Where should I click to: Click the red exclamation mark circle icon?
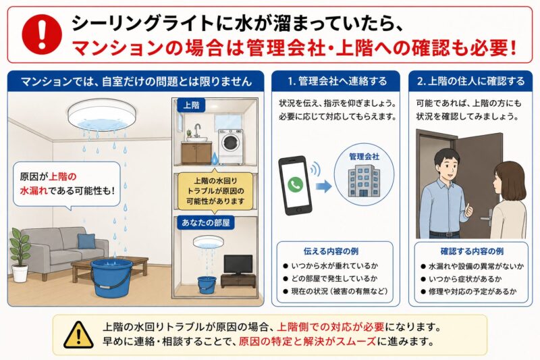click(42, 34)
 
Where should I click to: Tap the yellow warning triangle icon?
click(78, 335)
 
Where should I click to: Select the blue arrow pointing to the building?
click(324, 186)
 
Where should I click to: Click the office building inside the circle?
click(364, 181)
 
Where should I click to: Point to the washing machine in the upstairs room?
click(230, 147)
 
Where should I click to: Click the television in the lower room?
click(238, 265)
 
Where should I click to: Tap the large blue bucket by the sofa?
click(112, 278)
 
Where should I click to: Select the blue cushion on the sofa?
click(86, 241)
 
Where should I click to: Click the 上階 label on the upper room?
click(191, 105)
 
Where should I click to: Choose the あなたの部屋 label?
click(206, 222)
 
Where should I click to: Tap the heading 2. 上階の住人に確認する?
click(470, 81)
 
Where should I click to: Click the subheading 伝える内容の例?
click(331, 251)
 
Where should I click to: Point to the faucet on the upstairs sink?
click(197, 130)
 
